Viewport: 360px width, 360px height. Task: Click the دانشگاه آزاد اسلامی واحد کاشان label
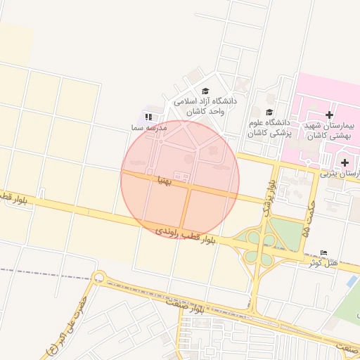206,106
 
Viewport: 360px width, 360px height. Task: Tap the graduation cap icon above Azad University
206,91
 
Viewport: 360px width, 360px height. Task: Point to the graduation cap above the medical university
269,112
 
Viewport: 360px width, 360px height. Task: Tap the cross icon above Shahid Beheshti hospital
329,115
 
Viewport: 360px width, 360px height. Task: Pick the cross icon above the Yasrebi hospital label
345,162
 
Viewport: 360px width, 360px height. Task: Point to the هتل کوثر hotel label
323,262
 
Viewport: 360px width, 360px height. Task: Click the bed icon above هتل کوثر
323,252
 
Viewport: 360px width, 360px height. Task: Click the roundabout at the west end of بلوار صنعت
98,277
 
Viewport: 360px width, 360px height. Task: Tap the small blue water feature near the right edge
351,281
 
